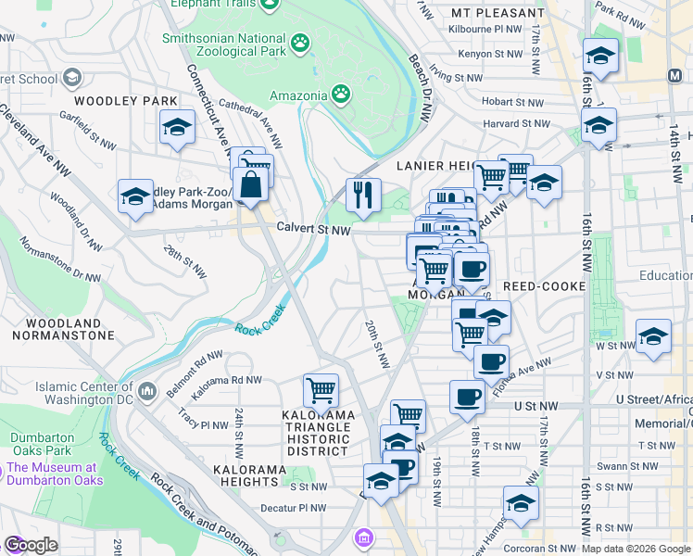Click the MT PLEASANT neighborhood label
click(498, 13)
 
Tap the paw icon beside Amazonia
click(342, 94)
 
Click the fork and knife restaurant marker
click(363, 195)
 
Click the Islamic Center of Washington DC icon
click(147, 392)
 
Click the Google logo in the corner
click(30, 545)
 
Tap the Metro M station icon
click(675, 73)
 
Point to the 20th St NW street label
click(374, 343)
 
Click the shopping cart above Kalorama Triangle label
click(321, 390)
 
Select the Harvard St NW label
click(516, 123)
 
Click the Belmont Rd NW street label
click(195, 366)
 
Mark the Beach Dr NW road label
click(422, 88)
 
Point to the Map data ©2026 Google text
click(636, 549)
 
